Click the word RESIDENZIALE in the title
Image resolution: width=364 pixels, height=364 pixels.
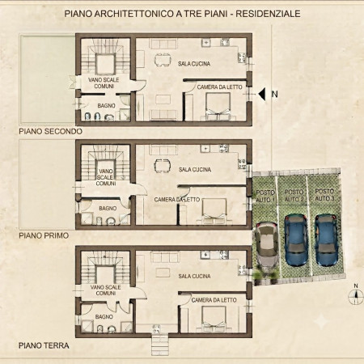pyautogui.click(x=268, y=14)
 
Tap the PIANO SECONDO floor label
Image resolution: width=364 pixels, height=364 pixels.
pyautogui.click(x=50, y=131)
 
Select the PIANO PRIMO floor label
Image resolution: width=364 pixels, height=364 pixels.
pyautogui.click(x=44, y=235)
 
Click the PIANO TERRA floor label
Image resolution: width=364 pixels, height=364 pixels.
pyautogui.click(x=44, y=345)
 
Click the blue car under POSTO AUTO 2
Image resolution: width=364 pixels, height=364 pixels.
pyautogui.click(x=296, y=239)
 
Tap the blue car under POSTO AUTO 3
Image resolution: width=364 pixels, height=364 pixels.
pyautogui.click(x=326, y=239)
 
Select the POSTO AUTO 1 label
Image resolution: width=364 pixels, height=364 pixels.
pyautogui.click(x=265, y=196)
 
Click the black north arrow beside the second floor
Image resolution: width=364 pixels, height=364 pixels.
pyautogui.click(x=262, y=94)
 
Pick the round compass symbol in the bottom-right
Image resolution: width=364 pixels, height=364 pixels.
pyautogui.click(x=356, y=298)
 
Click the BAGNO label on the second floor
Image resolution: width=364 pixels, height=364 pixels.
pyautogui.click(x=107, y=106)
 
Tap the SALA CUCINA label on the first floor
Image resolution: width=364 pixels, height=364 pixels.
pyautogui.click(x=195, y=169)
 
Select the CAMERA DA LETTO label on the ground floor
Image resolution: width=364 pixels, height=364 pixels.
pyautogui.click(x=214, y=300)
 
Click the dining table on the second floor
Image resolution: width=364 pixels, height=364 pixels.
pyautogui.click(x=163, y=60)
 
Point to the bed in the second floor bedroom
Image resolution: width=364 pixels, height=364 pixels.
pyautogui.click(x=218, y=106)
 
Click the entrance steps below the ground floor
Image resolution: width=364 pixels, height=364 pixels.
pyautogui.click(x=160, y=345)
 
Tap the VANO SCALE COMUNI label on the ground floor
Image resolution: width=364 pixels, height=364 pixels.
pyautogui.click(x=105, y=290)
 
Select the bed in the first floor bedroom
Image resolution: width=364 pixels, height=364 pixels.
pyautogui.click(x=214, y=211)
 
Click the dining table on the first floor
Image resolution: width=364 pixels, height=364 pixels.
pyautogui.click(x=163, y=166)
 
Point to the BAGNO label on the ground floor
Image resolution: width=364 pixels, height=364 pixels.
pyautogui.click(x=104, y=316)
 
